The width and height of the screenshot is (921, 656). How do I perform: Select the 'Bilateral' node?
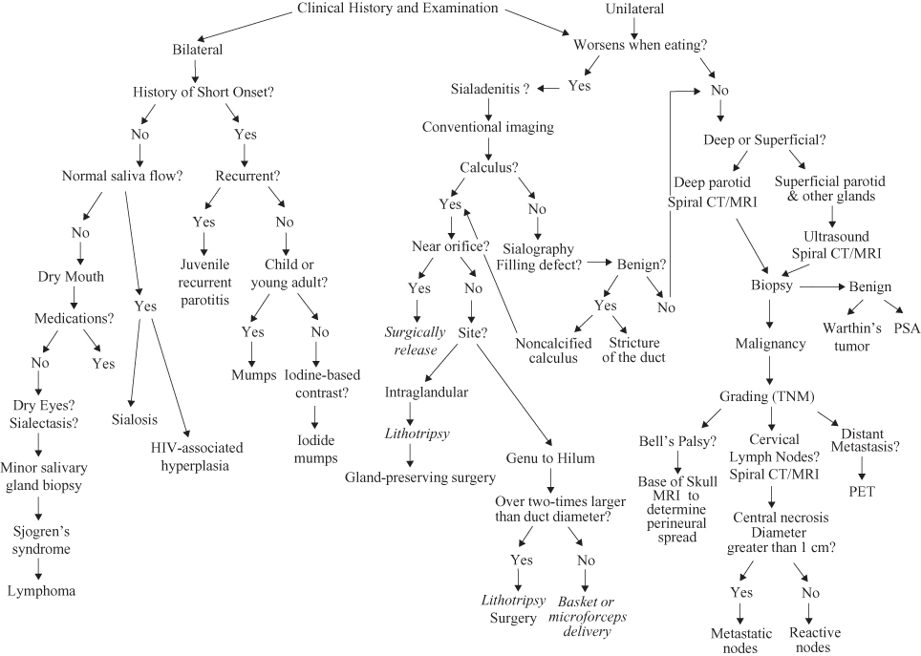tap(198, 50)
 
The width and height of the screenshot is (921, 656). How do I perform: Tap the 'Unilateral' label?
tap(634, 10)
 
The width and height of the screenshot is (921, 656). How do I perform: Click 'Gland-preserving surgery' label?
tap(420, 477)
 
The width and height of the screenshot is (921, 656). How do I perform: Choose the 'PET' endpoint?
tap(863, 493)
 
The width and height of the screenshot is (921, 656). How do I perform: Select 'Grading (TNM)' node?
tap(771, 396)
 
